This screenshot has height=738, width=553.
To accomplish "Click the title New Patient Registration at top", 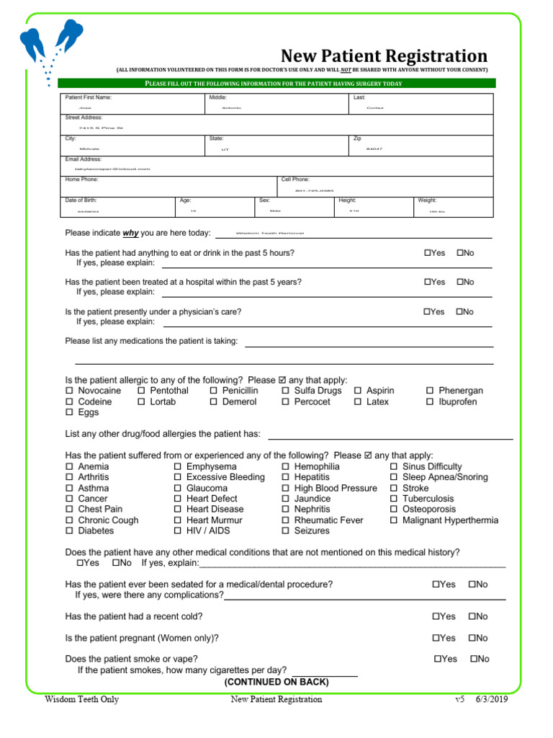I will pyautogui.click(x=384, y=55).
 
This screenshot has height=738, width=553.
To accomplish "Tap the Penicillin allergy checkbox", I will pyautogui.click(x=214, y=391).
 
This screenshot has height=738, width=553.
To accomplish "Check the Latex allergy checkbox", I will pyautogui.click(x=358, y=401).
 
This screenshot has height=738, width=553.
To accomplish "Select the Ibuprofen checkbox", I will pyautogui.click(x=430, y=401).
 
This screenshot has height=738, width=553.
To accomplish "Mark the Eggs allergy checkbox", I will pyautogui.click(x=70, y=412).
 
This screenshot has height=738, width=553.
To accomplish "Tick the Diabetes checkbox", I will pyautogui.click(x=70, y=530).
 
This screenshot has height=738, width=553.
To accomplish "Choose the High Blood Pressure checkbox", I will pyautogui.click(x=286, y=488).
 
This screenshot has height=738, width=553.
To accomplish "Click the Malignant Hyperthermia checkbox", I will pyautogui.click(x=394, y=520).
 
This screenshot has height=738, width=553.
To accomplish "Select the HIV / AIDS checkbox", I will pyautogui.click(x=178, y=530).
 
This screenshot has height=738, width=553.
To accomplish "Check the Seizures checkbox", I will pyautogui.click(x=286, y=530).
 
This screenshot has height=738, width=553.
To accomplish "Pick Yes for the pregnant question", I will pyautogui.click(x=436, y=638).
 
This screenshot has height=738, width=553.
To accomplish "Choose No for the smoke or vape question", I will pyautogui.click(x=474, y=659).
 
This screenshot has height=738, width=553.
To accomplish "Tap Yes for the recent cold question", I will pyautogui.click(x=436, y=616).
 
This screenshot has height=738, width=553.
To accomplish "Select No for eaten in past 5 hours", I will pyautogui.click(x=460, y=253).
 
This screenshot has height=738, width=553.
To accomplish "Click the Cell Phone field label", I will pyautogui.click(x=295, y=179).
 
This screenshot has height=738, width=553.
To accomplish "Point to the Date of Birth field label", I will pyautogui.click(x=81, y=200).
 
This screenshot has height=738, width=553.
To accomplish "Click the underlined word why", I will pyautogui.click(x=130, y=233).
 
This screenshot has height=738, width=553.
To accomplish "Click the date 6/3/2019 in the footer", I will pyautogui.click(x=492, y=699).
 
